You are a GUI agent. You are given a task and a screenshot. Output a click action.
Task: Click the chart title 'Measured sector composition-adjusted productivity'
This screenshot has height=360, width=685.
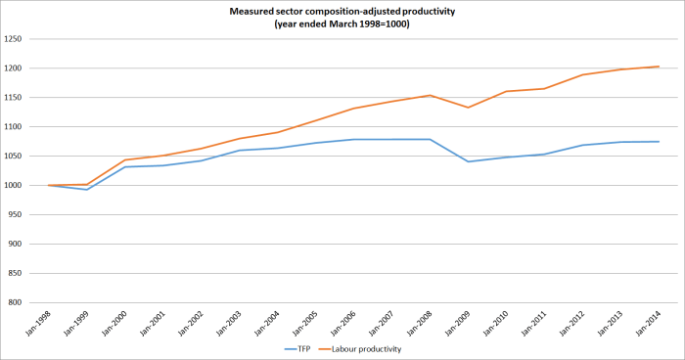tap(342, 11)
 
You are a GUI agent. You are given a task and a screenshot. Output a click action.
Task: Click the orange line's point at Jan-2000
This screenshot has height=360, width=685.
tap(124, 159)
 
